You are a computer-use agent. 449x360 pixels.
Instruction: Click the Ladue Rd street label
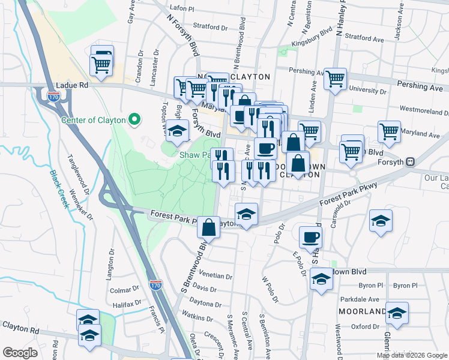(71, 86)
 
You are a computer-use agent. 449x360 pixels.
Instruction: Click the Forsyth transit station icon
(411, 161)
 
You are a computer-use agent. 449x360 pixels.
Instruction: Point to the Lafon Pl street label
(183, 9)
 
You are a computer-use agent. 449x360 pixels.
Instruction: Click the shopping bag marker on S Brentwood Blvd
(208, 227)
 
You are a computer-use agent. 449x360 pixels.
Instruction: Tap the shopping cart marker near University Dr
(336, 79)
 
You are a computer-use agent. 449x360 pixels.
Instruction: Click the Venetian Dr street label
(218, 277)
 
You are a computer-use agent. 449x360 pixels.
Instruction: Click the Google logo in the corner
(20, 353)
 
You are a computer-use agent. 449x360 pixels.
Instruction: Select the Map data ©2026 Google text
(412, 355)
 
